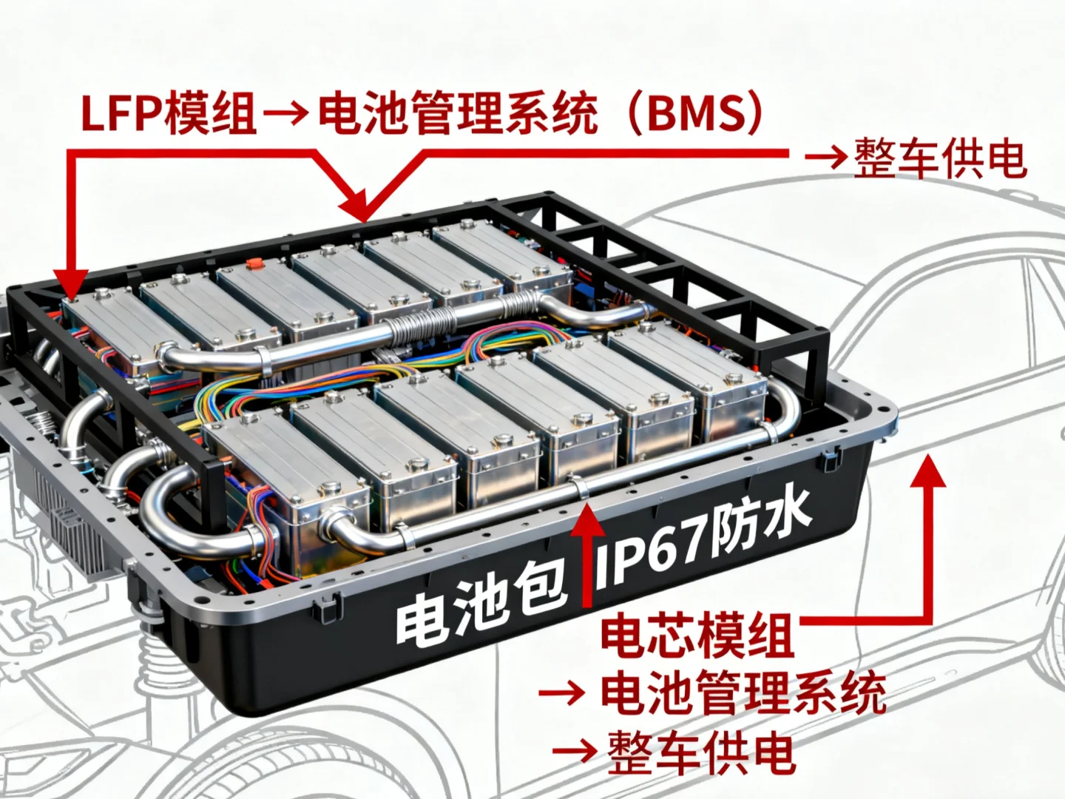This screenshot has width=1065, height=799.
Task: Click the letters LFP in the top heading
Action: pyautogui.click(x=123, y=115)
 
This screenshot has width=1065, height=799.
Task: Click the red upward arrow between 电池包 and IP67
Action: pyautogui.click(x=588, y=551)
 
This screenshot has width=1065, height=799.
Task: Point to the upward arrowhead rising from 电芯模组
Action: pyautogui.click(x=927, y=473)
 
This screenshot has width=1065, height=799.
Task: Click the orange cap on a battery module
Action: pyautogui.click(x=255, y=263)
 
